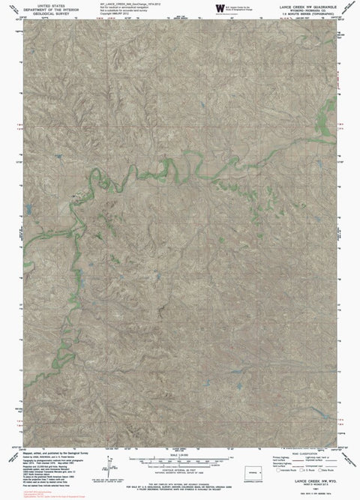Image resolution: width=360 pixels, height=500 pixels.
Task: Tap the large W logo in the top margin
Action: tap(219, 7)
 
